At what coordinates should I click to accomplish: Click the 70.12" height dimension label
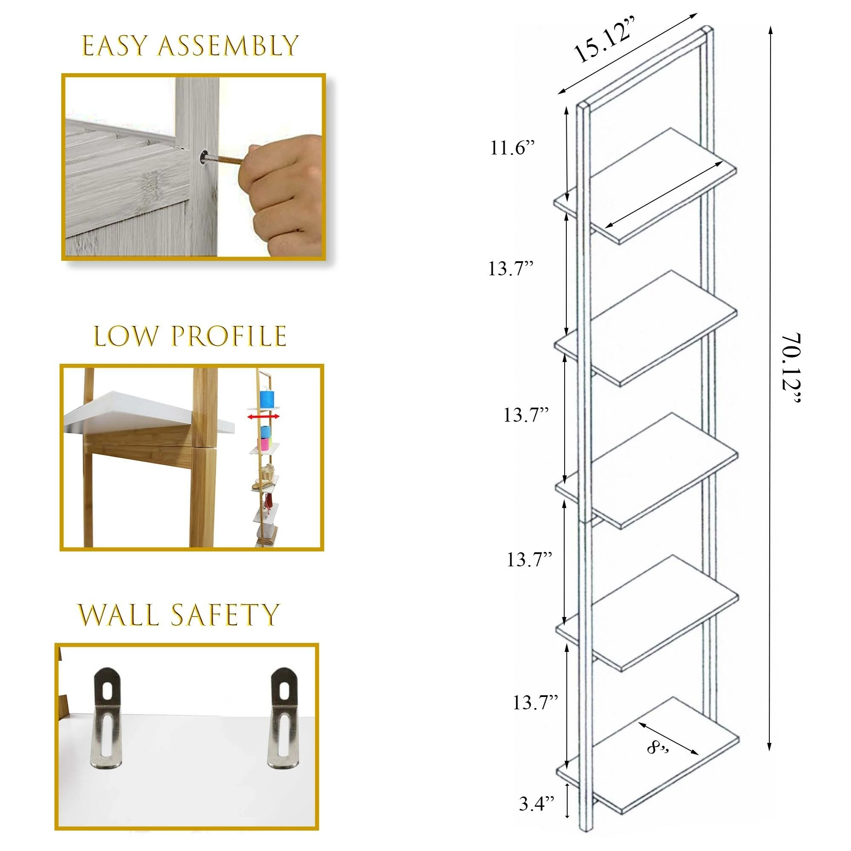tap(791, 368)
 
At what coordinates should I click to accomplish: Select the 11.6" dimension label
tap(512, 148)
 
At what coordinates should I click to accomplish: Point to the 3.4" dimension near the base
tap(536, 804)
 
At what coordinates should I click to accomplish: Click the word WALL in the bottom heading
tap(118, 615)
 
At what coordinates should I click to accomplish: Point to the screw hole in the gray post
tap(204, 157)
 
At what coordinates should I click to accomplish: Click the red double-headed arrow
tap(263, 417)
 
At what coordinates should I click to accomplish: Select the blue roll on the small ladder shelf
tap(267, 399)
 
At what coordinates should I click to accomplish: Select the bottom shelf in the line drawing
tap(648, 755)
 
